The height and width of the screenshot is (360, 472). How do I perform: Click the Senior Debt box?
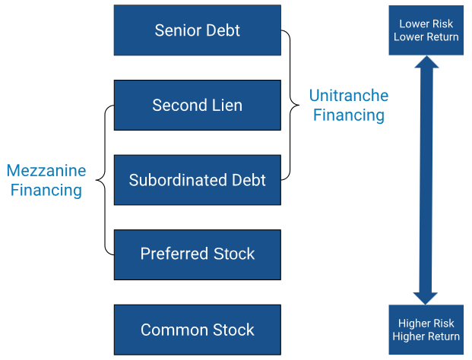point(197,30)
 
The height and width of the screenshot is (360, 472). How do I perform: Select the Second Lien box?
point(197,105)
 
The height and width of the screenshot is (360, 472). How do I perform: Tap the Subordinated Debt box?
point(197,180)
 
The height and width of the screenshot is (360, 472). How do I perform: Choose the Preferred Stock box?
point(197,254)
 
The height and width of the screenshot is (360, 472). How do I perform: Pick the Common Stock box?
point(197,330)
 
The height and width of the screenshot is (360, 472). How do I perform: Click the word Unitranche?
point(348,96)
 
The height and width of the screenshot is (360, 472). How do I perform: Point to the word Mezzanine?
point(46,171)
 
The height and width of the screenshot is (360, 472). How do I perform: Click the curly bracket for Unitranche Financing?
point(289,105)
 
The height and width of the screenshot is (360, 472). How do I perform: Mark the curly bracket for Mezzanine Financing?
point(106,180)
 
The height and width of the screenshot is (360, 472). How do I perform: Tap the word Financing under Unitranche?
point(348,115)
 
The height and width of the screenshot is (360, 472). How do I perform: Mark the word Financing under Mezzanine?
point(46,190)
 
